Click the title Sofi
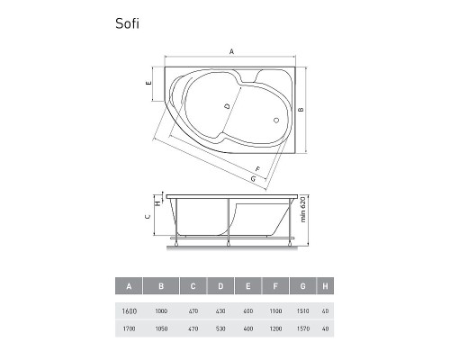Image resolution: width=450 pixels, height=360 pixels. pyautogui.click(x=127, y=23)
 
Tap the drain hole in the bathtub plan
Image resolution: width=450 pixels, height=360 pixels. pyautogui.click(x=276, y=121)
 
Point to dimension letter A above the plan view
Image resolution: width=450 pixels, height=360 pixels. pyautogui.click(x=231, y=51)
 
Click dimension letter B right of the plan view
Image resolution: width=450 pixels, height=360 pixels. pyautogui.click(x=301, y=110)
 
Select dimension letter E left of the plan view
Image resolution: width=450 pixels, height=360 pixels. pyautogui.click(x=148, y=83)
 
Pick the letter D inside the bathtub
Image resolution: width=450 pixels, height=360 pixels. pyautogui.click(x=228, y=106)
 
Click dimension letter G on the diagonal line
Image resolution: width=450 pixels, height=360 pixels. pyautogui.click(x=254, y=179)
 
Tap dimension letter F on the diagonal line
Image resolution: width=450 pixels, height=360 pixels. pyautogui.click(x=257, y=169)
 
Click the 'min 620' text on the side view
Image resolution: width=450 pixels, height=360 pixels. pyautogui.click(x=302, y=210)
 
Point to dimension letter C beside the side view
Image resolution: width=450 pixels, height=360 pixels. pyautogui.click(x=148, y=216)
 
